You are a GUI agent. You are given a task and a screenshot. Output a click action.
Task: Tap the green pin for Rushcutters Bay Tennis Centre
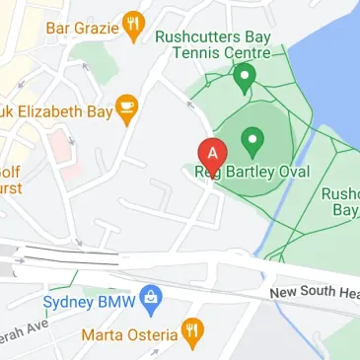point(244,75)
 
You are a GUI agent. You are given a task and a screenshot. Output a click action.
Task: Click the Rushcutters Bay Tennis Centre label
point(212,43)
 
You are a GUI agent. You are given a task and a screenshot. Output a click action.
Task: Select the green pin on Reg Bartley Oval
point(252,143)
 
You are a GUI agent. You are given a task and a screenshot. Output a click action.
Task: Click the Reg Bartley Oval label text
point(251,172)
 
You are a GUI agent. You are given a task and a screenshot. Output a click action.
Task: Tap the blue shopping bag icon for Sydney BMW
point(150,295)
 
